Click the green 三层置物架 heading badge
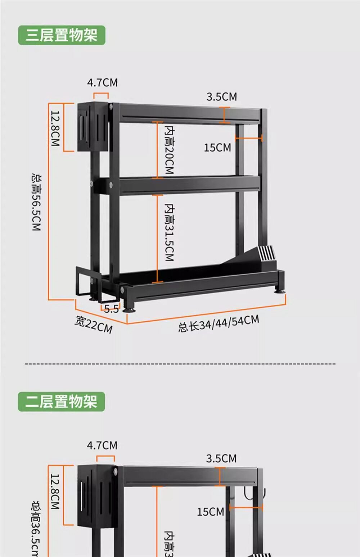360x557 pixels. pos(62,35)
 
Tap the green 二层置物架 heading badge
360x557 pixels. pos(61,402)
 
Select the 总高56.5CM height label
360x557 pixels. pos(36,201)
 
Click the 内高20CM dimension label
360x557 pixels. pos(169,149)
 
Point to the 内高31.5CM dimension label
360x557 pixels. pos(169,232)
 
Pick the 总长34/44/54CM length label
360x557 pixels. pos(219,323)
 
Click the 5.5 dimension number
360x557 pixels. pos(111,309)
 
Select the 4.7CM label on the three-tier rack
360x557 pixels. pos(102,83)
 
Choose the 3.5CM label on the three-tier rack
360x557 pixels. pos(222,97)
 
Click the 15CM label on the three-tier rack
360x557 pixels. pos(217,148)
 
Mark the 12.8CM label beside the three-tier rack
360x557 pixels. pos(55,128)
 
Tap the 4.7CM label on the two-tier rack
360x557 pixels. pos(102,445)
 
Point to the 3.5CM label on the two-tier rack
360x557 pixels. pos(221,458)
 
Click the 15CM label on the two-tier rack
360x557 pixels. pos(210,512)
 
